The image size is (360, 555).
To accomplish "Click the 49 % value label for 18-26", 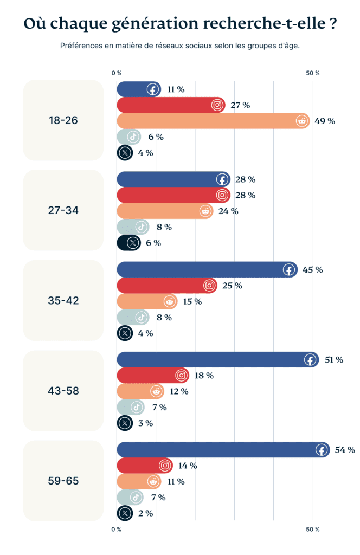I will tap(325, 121).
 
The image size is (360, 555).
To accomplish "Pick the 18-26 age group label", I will tap(63, 120).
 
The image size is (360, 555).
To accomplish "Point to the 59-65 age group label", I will tap(63, 481).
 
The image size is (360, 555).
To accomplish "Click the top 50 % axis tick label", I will tap(313, 73).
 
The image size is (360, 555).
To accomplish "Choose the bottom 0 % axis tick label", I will tap(117, 528).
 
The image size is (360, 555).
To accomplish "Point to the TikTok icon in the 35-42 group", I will tap(140, 317).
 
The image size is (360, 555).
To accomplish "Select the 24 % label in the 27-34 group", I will tap(228, 211).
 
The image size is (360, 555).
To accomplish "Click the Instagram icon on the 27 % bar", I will tap(217, 105).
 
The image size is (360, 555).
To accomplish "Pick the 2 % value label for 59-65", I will tap(145, 513).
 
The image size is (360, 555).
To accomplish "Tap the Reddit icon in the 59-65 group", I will tap(153, 481).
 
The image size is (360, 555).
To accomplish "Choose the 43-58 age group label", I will tap(63, 390).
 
